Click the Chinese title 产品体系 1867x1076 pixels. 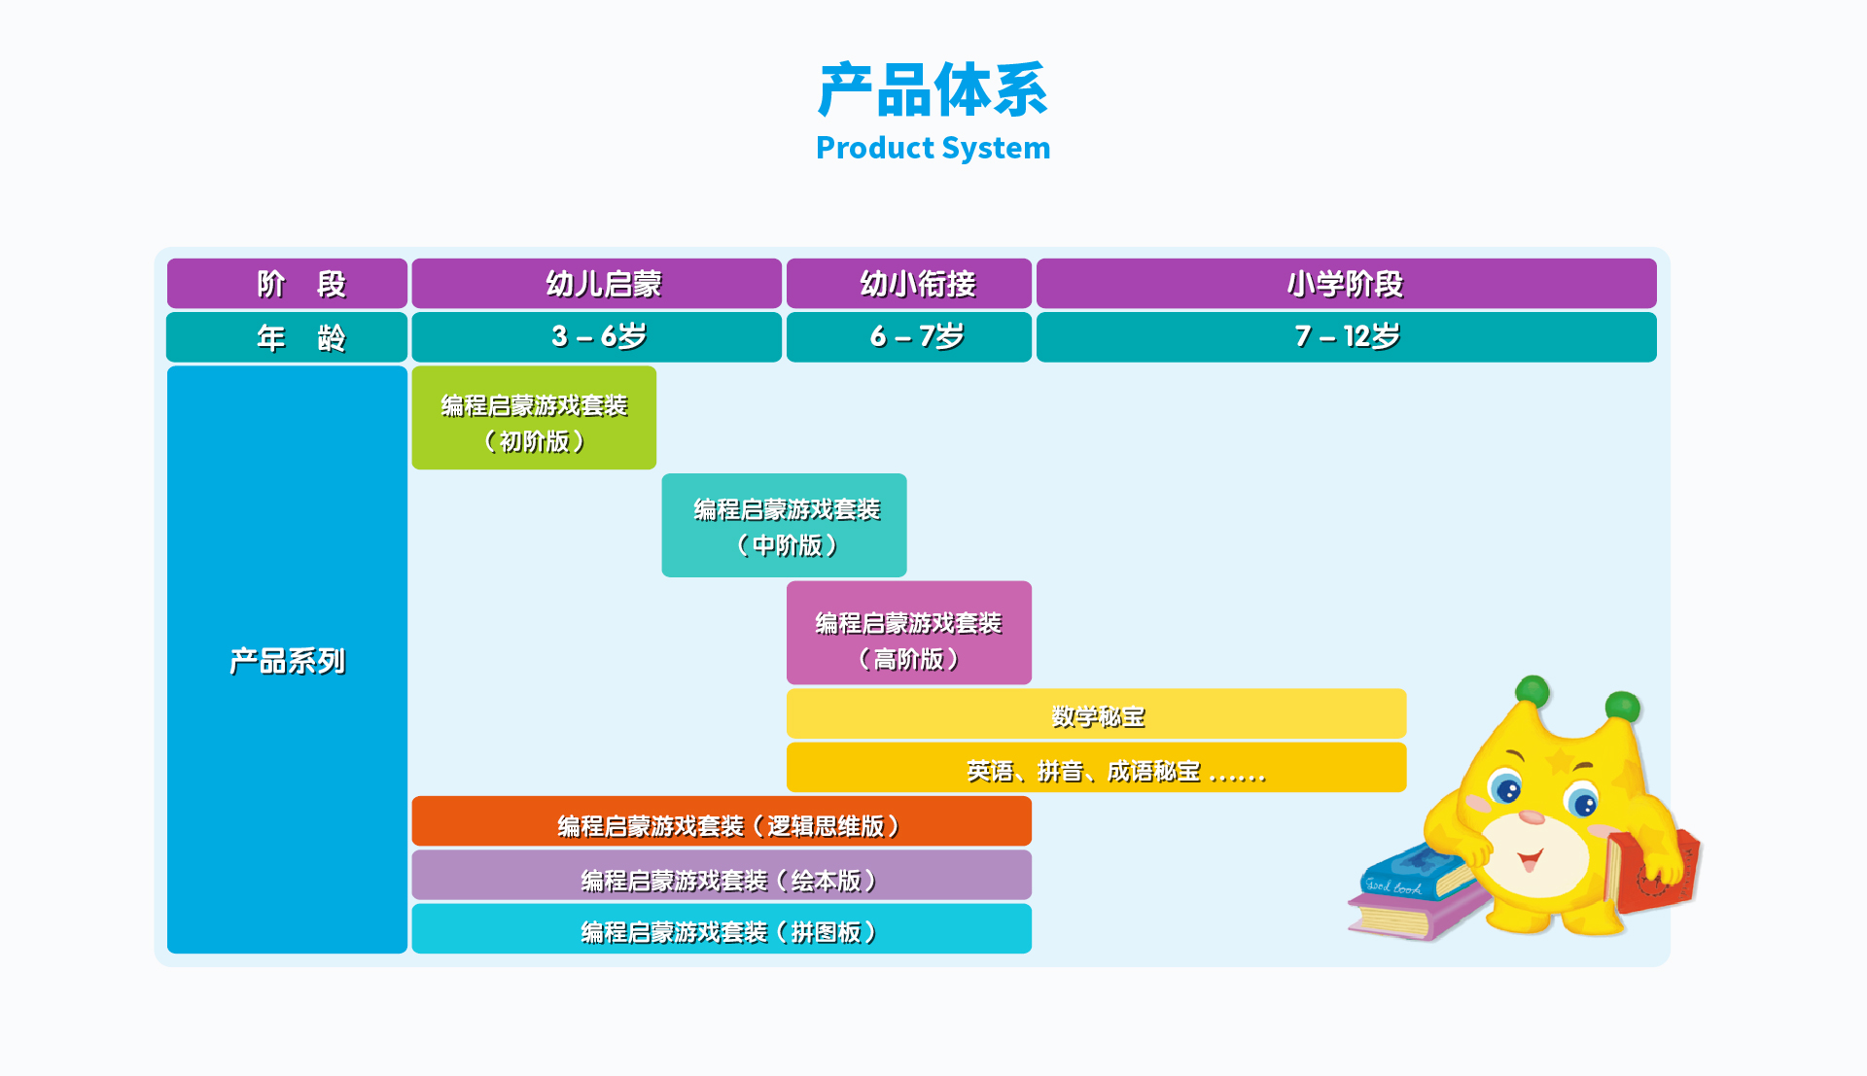(x=933, y=90)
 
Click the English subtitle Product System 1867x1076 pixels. (x=933, y=148)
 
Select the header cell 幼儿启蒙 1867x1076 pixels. (x=596, y=284)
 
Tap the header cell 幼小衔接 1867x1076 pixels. (x=908, y=284)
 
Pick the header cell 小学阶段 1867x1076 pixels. (x=1346, y=284)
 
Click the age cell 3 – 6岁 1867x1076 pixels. (x=596, y=337)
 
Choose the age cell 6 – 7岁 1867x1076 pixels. (x=908, y=337)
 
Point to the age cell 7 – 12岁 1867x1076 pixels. (x=1346, y=337)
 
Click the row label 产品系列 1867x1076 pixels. (x=287, y=660)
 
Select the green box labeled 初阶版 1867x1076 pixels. (x=534, y=418)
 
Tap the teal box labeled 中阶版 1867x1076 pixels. (x=784, y=526)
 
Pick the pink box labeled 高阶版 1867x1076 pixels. (x=908, y=633)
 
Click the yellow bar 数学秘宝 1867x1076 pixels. (x=1096, y=714)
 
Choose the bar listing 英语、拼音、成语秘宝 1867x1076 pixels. (x=1096, y=768)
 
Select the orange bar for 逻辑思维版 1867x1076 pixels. (x=722, y=822)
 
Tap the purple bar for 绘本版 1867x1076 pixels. (x=722, y=876)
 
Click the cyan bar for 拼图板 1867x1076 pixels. (x=722, y=929)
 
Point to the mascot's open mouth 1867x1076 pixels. (x=1530, y=859)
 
